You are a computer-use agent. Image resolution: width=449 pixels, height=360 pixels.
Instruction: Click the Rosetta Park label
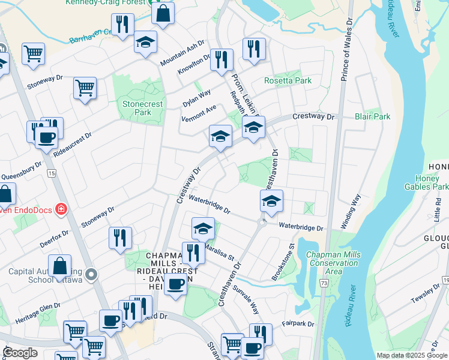(288, 80)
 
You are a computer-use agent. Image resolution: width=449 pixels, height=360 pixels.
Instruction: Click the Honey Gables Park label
(431, 182)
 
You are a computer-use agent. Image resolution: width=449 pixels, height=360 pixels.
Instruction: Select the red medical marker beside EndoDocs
(61, 209)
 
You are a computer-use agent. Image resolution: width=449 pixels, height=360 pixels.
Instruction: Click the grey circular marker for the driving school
(91, 275)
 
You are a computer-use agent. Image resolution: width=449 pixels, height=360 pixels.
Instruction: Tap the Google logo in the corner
(20, 353)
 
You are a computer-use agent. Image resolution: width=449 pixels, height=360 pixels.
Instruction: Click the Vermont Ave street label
(199, 113)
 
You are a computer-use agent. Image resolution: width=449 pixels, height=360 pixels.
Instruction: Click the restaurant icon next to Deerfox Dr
(120, 237)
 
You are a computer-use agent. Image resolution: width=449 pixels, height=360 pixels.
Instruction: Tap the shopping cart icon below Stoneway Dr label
(85, 88)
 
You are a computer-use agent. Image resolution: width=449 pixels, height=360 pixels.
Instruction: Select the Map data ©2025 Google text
(411, 355)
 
